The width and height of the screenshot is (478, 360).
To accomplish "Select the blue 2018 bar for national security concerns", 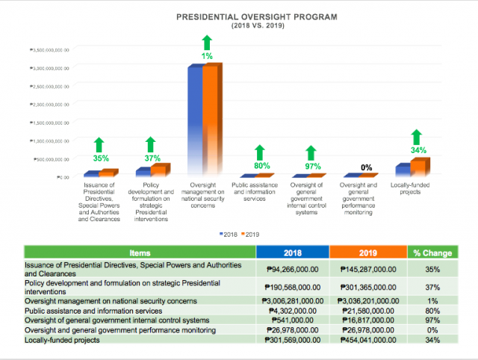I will tap(195, 120).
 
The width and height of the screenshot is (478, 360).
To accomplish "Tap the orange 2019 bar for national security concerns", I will tap(211, 120).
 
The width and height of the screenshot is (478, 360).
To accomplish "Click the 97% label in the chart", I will tap(312, 166).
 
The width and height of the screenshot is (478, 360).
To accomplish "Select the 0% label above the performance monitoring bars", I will tap(367, 167).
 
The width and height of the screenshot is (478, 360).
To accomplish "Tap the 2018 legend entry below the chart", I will tap(227, 234).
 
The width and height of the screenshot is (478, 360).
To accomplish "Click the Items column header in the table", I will tap(140, 253).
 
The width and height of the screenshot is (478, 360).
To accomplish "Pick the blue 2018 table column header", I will tap(292, 253).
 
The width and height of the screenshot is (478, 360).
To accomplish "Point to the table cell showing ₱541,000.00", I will tap(292, 319).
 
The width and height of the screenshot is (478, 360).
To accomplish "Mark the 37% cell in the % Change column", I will tap(431, 286).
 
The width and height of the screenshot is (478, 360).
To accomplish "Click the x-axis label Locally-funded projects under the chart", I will tap(415, 188).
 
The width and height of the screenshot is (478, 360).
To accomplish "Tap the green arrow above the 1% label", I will tap(207, 43).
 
